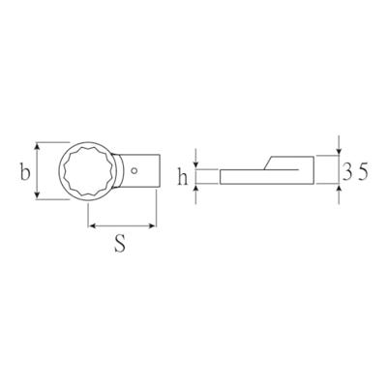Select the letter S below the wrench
(x=120, y=244)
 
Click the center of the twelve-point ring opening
(x=90, y=170)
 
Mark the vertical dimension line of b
(x=38, y=170)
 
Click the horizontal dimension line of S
(x=122, y=227)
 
